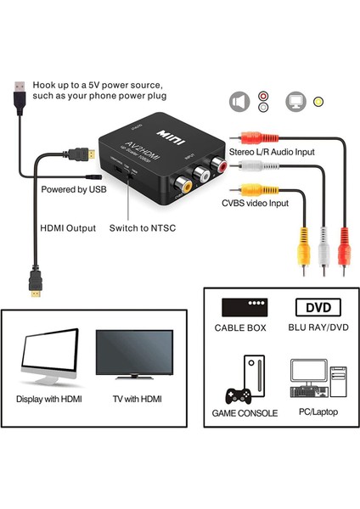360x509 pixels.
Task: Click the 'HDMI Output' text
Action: point(67,227)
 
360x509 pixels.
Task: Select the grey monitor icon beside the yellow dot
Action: point(296,101)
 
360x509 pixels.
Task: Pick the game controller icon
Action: point(237,394)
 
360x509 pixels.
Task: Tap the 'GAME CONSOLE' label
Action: point(245,413)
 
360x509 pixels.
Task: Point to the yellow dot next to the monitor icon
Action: point(318,102)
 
